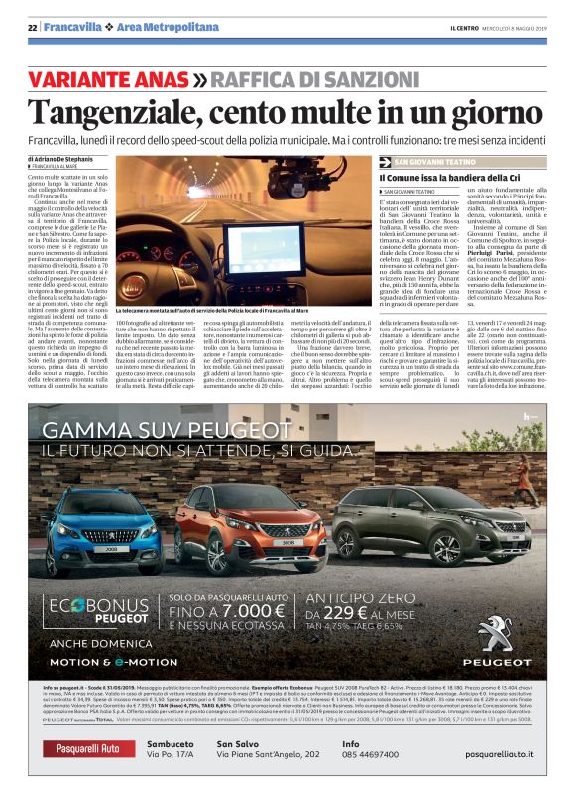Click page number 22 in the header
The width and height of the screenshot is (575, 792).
coord(32,27)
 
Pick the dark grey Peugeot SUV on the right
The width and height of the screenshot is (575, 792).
coord(437,525)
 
